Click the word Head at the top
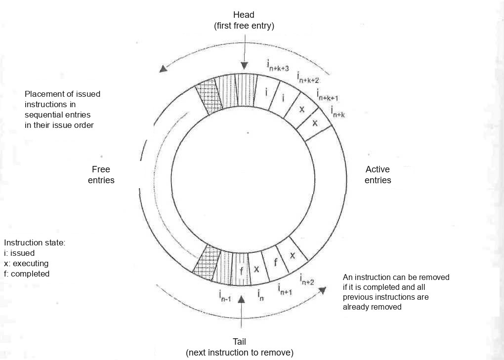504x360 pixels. point(244,15)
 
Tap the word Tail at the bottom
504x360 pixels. point(239,342)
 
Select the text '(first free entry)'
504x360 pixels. point(244,26)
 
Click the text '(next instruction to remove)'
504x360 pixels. point(240,353)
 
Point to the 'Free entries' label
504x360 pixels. point(101,175)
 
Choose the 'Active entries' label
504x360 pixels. point(378,175)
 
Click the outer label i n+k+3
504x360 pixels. point(278,65)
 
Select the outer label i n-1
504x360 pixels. point(225,296)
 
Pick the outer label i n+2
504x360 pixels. point(307,279)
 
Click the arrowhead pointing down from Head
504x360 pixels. point(244,66)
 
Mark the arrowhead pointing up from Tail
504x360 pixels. point(241,299)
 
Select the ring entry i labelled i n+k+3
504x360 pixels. point(266,92)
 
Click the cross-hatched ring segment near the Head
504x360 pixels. point(209,96)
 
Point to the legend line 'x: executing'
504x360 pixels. point(26,264)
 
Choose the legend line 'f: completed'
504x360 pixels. point(27,274)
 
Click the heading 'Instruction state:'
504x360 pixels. point(35,243)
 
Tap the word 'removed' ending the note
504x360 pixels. point(387,307)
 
